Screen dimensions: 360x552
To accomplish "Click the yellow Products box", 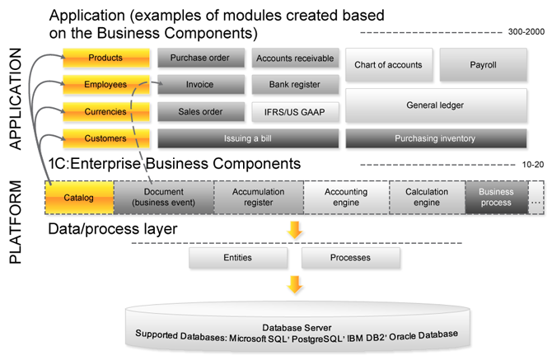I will pyautogui.click(x=105, y=58).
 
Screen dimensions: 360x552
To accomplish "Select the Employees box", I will pyautogui.click(x=105, y=84).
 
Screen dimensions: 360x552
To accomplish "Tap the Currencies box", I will pyautogui.click(x=105, y=111).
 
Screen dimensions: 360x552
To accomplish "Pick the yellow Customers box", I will pyautogui.click(x=105, y=138).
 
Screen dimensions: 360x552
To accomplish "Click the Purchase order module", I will pyautogui.click(x=200, y=58).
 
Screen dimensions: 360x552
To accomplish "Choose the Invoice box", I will pyautogui.click(x=200, y=84).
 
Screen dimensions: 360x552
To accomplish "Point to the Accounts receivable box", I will pyautogui.click(x=295, y=58).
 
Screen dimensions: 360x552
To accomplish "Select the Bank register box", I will pyautogui.click(x=295, y=84).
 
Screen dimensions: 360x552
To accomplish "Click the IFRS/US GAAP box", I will pyautogui.click(x=295, y=111).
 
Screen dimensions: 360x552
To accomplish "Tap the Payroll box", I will pyautogui.click(x=483, y=64).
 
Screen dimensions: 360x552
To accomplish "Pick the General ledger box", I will pyautogui.click(x=435, y=105).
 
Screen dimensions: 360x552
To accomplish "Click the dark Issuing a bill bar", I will pyautogui.click(x=248, y=138).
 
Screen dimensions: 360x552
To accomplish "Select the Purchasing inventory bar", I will pyautogui.click(x=435, y=138).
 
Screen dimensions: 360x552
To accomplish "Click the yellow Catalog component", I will pyautogui.click(x=78, y=198).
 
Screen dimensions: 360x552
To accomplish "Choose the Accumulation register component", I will pyautogui.click(x=258, y=198).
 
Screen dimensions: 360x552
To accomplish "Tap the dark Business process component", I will pyautogui.click(x=496, y=198).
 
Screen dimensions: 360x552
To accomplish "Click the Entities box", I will pyautogui.click(x=238, y=258).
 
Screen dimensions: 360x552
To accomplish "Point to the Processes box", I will pyautogui.click(x=350, y=258).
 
